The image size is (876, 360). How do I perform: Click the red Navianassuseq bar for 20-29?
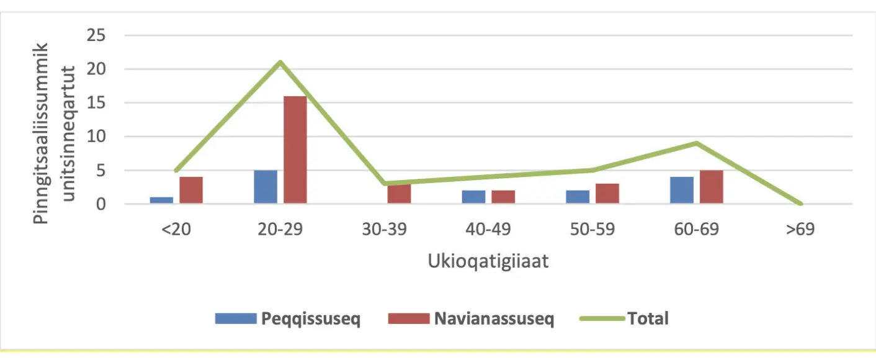tap(295, 150)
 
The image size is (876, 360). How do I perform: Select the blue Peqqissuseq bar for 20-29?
tap(266, 187)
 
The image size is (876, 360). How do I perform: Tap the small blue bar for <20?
tap(161, 200)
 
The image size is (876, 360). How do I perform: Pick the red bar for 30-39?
tap(399, 193)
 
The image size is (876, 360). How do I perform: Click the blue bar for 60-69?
tap(682, 190)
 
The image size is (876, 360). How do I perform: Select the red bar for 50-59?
tap(607, 193)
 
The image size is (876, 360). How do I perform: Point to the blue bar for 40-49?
tap(474, 197)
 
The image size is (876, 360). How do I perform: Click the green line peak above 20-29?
tap(280, 62)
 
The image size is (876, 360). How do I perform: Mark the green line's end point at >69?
tap(800, 204)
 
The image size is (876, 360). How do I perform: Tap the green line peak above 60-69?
tap(697, 143)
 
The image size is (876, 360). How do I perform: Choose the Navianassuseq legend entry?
tap(471, 319)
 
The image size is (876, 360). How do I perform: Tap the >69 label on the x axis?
tap(800, 229)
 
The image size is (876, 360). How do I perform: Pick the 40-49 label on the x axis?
tap(489, 229)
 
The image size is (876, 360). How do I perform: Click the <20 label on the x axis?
tap(176, 229)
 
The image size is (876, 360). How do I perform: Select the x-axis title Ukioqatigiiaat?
tap(488, 261)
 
